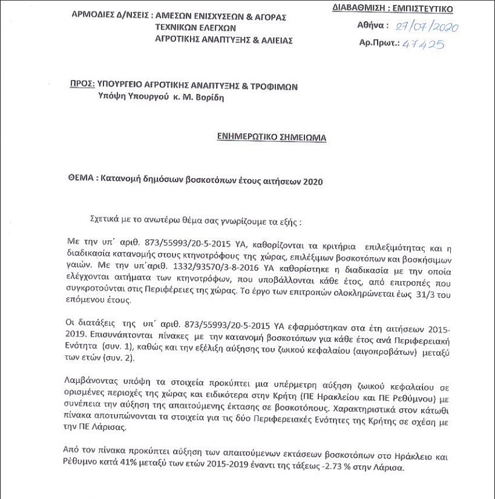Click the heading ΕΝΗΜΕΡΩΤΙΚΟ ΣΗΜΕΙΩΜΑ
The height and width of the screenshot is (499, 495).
point(271,137)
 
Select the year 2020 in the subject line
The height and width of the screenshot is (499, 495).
point(312,181)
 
